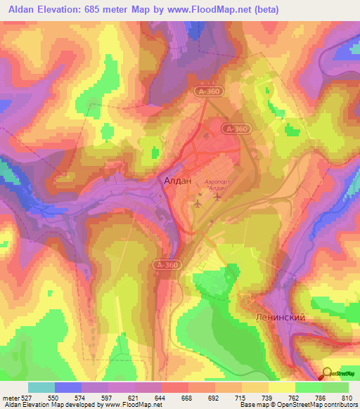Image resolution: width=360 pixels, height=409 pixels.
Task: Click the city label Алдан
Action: pyautogui.click(x=176, y=181)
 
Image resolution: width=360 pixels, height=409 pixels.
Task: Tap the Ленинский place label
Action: pyautogui.click(x=280, y=318)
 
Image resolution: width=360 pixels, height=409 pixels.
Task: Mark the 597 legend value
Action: pyautogui.click(x=108, y=398)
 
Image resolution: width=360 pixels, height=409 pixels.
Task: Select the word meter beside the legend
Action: pyautogui.click(x=10, y=398)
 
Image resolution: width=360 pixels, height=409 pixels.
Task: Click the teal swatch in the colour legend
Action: pyautogui.click(x=41, y=387)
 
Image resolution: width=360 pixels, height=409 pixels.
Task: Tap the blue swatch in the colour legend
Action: pyautogui.click(x=68, y=387)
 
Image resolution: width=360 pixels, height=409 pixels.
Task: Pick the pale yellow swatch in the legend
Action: pyautogui.click(x=282, y=387)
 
